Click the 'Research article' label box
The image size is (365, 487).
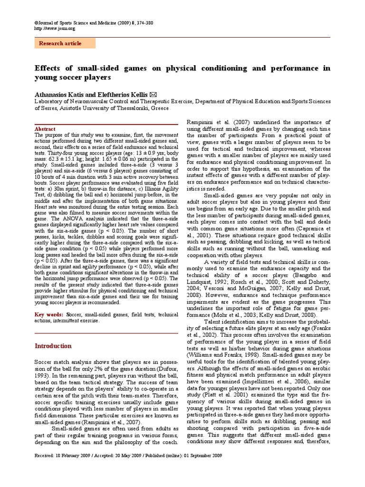[x=65, y=43]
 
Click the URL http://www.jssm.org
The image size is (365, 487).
[x=55, y=29]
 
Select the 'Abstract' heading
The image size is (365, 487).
[x=46, y=129]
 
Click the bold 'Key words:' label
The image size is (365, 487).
[x=49, y=315]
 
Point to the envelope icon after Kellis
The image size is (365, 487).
[x=153, y=94]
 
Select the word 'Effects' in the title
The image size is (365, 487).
[x=49, y=68]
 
